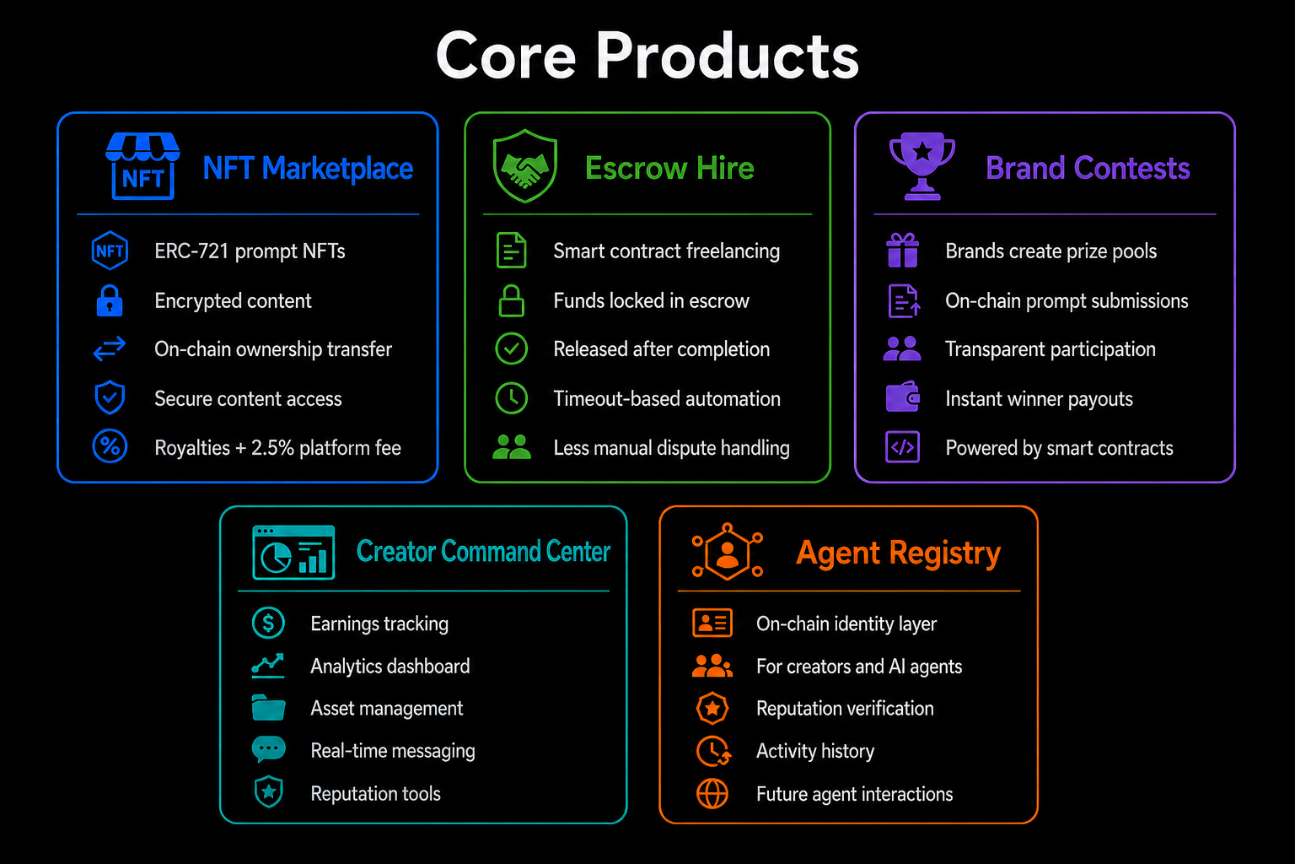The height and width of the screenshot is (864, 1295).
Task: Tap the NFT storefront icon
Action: click(x=142, y=167)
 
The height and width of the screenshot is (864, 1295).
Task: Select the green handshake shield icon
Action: click(x=525, y=166)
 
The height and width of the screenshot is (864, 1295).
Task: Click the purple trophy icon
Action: click(x=922, y=167)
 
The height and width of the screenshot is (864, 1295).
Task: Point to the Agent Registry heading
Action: click(x=899, y=553)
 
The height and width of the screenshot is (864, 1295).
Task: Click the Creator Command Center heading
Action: click(x=483, y=551)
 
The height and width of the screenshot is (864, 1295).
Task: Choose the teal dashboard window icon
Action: click(x=293, y=552)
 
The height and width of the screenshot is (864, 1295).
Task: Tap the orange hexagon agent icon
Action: click(x=728, y=552)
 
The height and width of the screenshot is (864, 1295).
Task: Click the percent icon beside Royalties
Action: click(x=110, y=446)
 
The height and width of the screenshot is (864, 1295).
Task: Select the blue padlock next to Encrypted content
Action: click(x=110, y=300)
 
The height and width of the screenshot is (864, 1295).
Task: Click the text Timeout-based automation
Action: click(x=667, y=399)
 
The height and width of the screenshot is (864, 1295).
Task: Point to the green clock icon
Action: click(x=511, y=398)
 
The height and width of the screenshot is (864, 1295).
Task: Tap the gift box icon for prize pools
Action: click(x=902, y=250)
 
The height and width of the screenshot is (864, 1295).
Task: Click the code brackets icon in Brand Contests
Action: click(x=902, y=446)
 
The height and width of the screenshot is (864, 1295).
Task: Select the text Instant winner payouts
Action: click(x=1039, y=399)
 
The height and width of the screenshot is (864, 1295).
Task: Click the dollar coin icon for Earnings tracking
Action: click(x=268, y=623)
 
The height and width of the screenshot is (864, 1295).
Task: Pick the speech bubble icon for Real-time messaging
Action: click(x=269, y=749)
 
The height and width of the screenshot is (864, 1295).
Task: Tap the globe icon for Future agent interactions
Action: click(x=712, y=793)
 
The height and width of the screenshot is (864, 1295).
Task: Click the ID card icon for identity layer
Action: click(x=712, y=623)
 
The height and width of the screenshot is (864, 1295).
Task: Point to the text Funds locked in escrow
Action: click(x=651, y=301)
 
